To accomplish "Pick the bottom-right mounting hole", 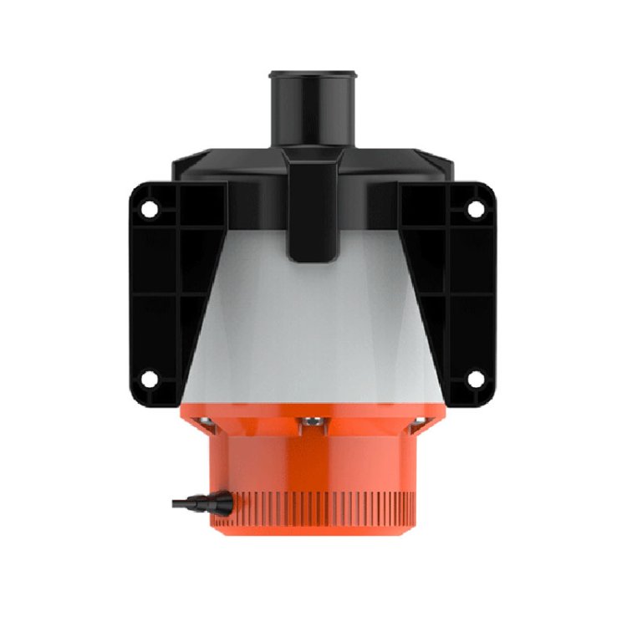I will click(x=475, y=380).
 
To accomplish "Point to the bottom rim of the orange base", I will click(x=313, y=528).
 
